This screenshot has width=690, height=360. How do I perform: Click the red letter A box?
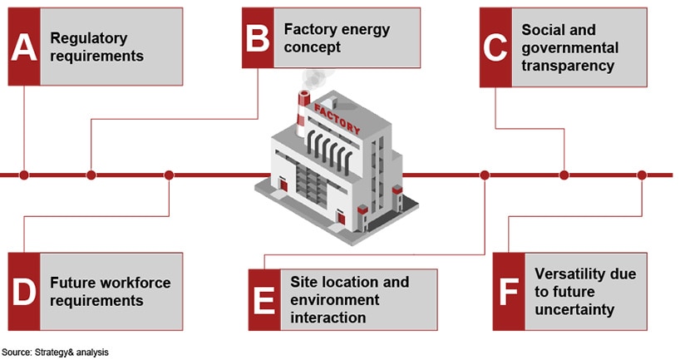pyautogui.click(x=24, y=47)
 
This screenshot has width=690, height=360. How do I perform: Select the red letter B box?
pyautogui.click(x=259, y=38)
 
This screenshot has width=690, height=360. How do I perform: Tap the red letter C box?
pyautogui.click(x=495, y=47)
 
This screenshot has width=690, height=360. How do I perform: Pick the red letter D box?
pyautogui.click(x=24, y=292)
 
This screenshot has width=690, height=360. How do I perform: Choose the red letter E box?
pyautogui.click(x=264, y=300)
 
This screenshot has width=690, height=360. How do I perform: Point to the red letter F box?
pyautogui.click(x=508, y=292)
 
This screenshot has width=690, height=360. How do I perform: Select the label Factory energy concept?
pyautogui.click(x=336, y=38)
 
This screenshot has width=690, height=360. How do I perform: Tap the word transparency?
pyautogui.click(x=568, y=65)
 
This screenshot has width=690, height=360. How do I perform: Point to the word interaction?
pyautogui.click(x=328, y=318)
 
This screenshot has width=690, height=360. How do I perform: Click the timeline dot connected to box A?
pyautogui.click(x=24, y=175)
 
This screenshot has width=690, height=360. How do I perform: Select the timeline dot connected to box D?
pyautogui.click(x=169, y=175)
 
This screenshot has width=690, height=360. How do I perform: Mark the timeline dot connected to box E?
pyautogui.click(x=485, y=175)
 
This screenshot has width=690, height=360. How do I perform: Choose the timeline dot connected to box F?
pyautogui.click(x=641, y=175)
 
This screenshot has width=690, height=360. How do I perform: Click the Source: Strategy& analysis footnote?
pyautogui.click(x=56, y=353)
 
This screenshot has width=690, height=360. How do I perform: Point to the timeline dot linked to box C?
pyautogui.click(x=564, y=175)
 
